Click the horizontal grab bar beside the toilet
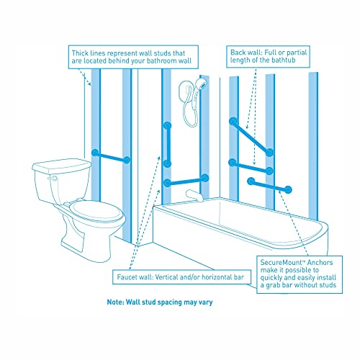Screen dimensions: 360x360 click(x=110, y=156)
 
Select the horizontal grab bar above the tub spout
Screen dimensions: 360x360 click(x=186, y=180)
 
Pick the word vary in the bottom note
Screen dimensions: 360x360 click(x=204, y=302)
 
